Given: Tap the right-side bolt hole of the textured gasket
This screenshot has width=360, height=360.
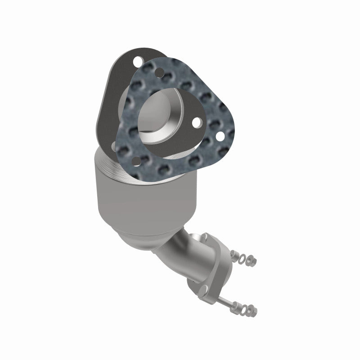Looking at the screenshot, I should pos(219,134).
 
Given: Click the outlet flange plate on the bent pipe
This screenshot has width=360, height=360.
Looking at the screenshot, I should pos(216,265).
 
